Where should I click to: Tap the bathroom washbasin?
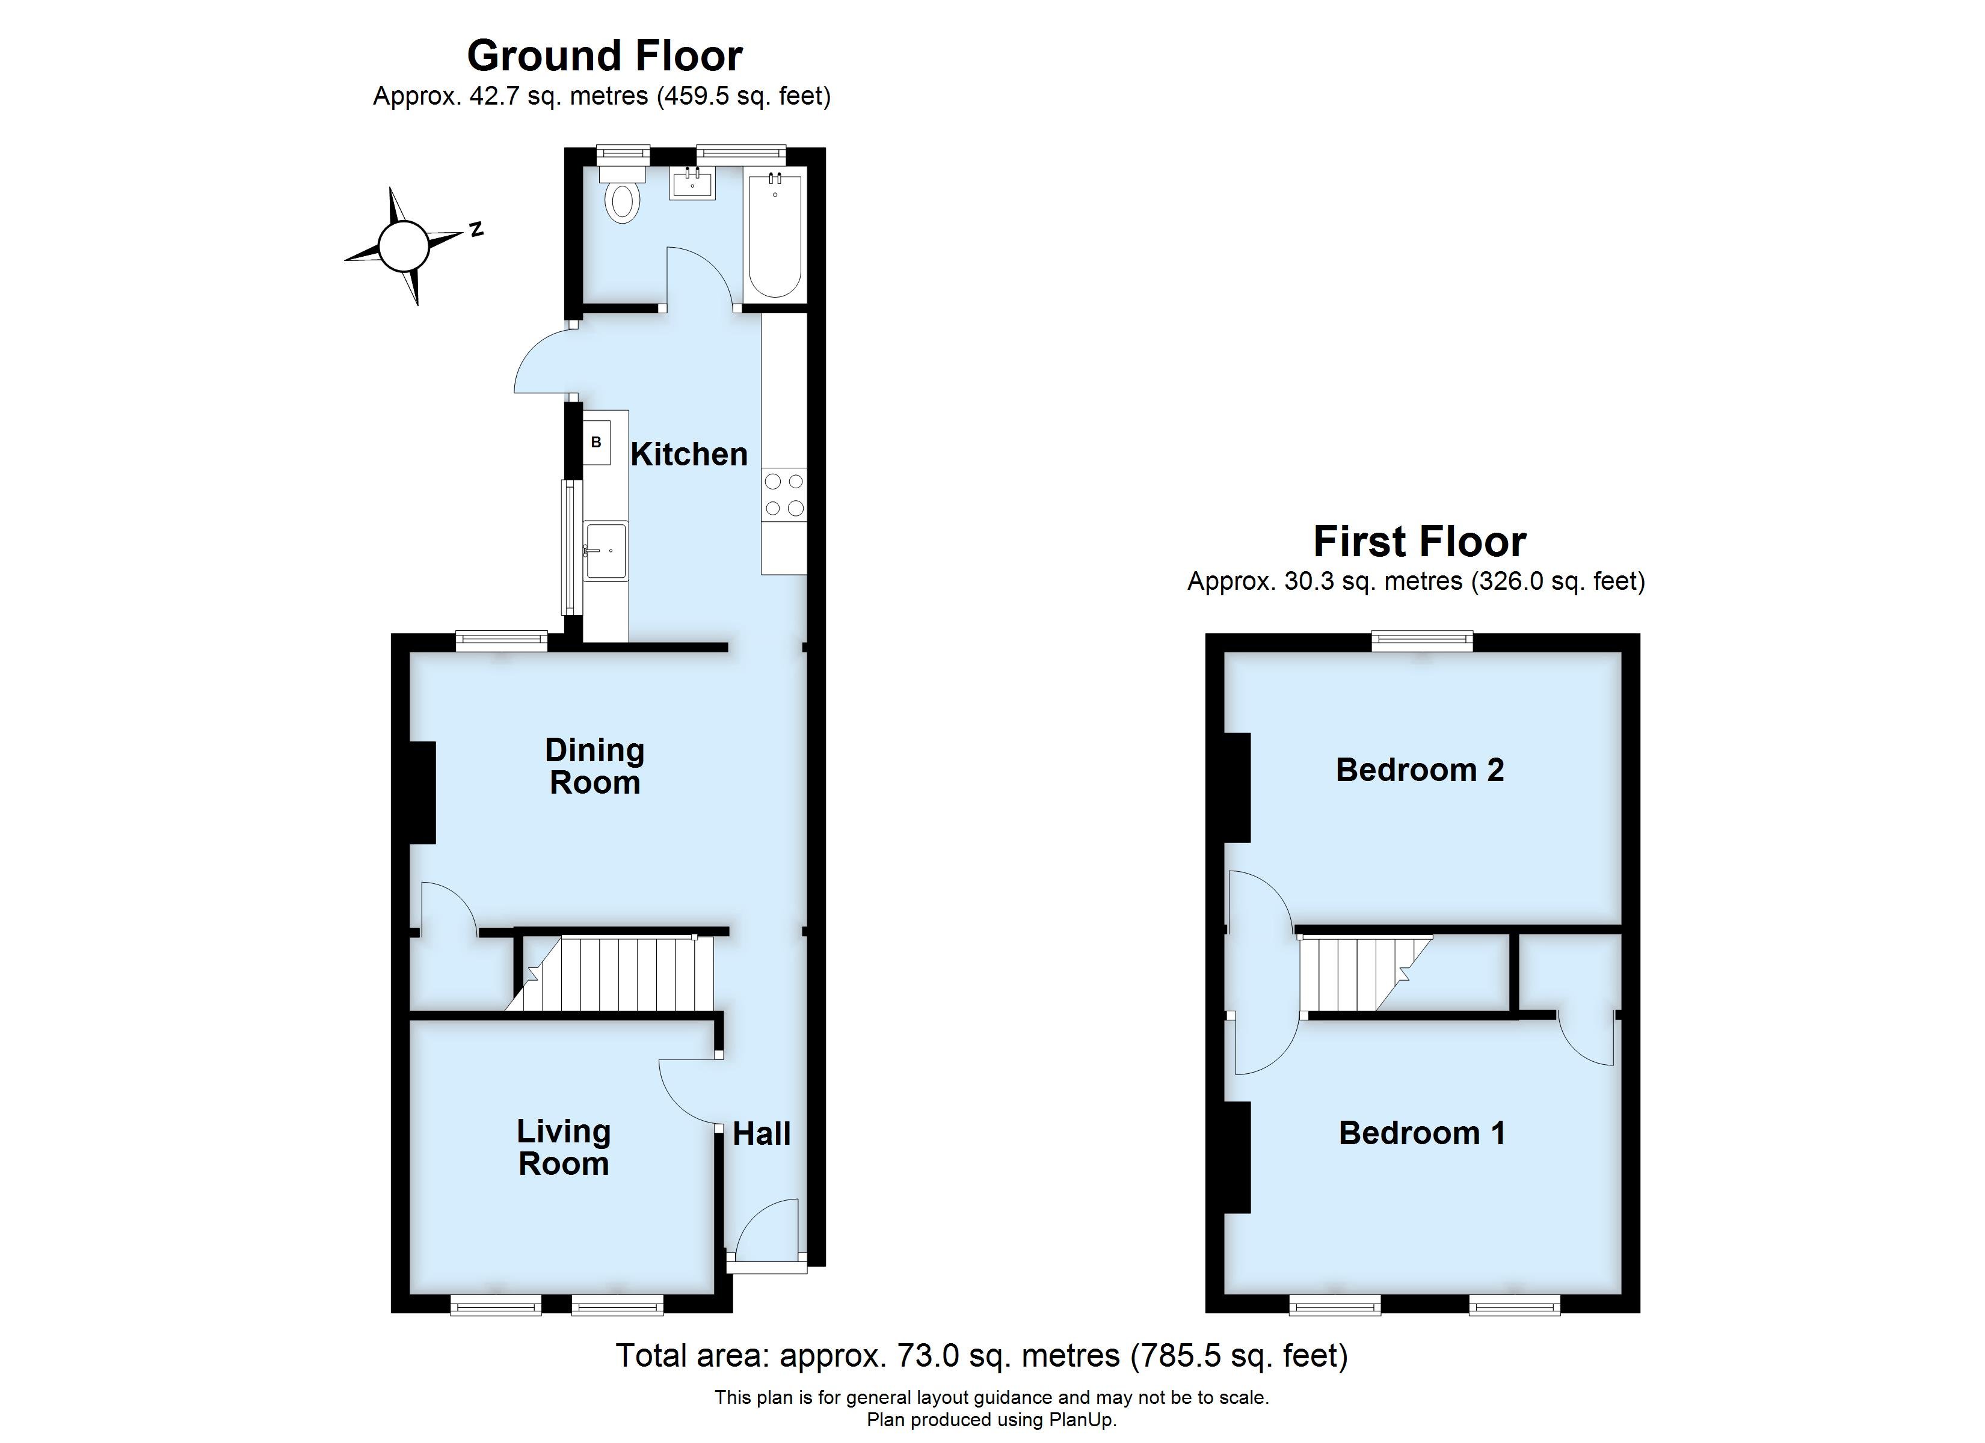coord(692,184)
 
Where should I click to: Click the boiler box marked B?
coord(596,443)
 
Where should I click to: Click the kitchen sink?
coord(606,551)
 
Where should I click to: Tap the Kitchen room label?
coord(689,454)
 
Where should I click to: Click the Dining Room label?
coord(594,767)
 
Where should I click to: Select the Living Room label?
coord(564,1147)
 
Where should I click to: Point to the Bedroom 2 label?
coord(1420,770)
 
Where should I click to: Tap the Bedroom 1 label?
coord(1422,1133)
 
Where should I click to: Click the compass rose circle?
coord(404,246)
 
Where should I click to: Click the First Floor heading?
coord(1420,542)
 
